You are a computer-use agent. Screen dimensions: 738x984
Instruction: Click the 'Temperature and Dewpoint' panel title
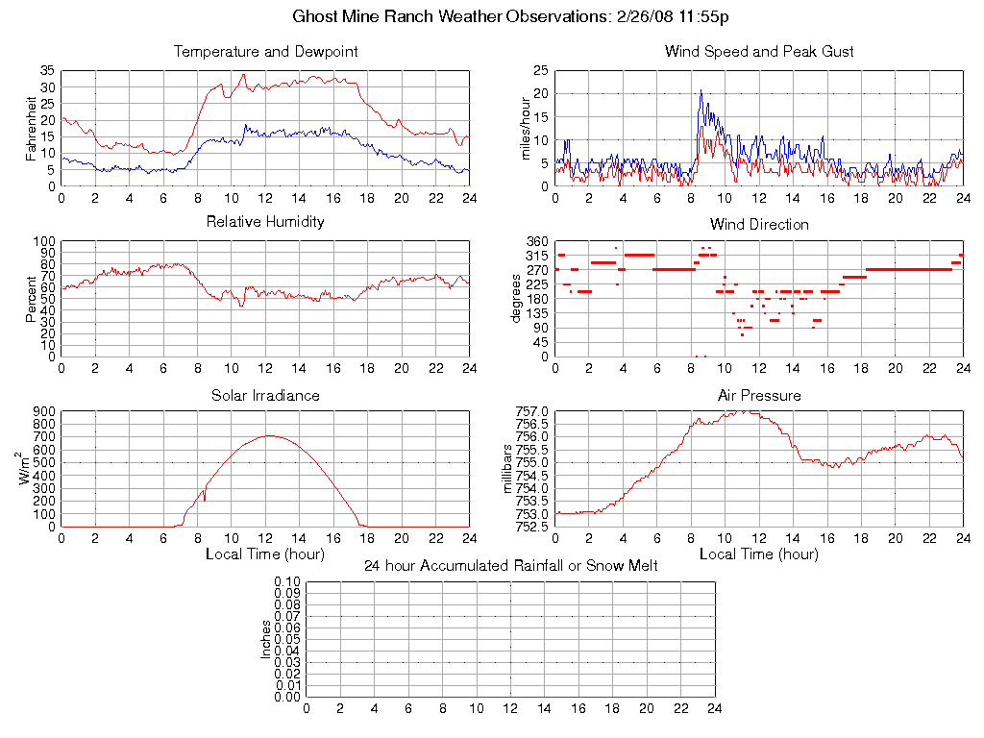tap(265, 52)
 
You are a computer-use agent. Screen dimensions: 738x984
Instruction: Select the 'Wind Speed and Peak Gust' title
tap(759, 52)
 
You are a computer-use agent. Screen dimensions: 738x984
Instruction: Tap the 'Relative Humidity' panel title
tap(265, 222)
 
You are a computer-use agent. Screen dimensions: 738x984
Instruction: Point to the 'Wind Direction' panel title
tap(759, 225)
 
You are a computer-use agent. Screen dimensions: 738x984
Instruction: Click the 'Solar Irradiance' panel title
tap(265, 396)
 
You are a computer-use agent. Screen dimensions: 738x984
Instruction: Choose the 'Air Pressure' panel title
tap(759, 396)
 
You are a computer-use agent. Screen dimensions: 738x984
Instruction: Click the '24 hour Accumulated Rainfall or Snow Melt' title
tap(510, 566)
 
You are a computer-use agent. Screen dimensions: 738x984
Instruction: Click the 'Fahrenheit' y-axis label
tap(32, 128)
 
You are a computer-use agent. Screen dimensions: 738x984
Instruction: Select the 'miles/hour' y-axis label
tap(526, 128)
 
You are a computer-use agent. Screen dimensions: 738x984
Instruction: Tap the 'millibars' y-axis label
tap(509, 468)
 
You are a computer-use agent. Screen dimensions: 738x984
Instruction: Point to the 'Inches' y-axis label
tap(266, 639)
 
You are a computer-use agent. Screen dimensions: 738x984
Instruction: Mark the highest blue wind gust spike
tap(701, 91)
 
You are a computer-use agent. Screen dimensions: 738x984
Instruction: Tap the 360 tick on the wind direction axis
tap(537, 241)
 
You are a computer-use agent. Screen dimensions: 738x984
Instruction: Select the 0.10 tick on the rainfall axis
tap(287, 582)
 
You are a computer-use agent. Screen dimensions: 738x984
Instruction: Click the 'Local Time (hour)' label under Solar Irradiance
tap(265, 554)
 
